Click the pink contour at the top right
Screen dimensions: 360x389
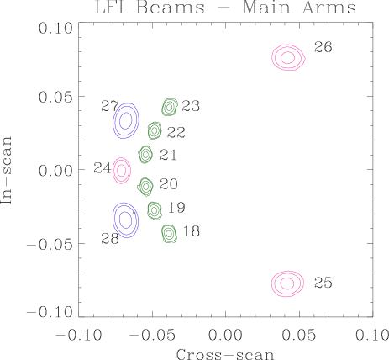coord(287,57)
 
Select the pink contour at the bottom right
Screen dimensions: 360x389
coord(287,283)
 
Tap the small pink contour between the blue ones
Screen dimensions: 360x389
coord(122,171)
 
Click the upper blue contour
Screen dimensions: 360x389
coord(125,120)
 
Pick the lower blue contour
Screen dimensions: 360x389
coord(125,220)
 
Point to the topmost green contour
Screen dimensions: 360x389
coord(169,107)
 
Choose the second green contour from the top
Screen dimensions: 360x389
coord(155,130)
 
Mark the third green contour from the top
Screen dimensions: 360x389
coord(145,154)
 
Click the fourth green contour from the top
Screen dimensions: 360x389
coord(145,186)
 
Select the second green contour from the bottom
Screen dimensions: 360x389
coord(155,210)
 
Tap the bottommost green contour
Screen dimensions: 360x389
coord(169,233)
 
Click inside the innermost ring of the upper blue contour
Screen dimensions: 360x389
coord(125,120)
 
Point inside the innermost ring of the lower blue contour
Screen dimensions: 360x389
coord(125,220)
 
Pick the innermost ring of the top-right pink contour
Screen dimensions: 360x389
coord(287,57)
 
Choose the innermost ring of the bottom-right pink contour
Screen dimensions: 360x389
coord(287,283)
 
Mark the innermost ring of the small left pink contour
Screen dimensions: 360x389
coord(122,171)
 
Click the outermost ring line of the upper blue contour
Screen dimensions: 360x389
coord(113,121)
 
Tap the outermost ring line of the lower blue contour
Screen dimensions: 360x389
coord(113,220)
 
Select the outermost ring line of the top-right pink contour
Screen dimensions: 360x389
coord(272,57)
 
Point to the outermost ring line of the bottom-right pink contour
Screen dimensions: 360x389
coord(272,283)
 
